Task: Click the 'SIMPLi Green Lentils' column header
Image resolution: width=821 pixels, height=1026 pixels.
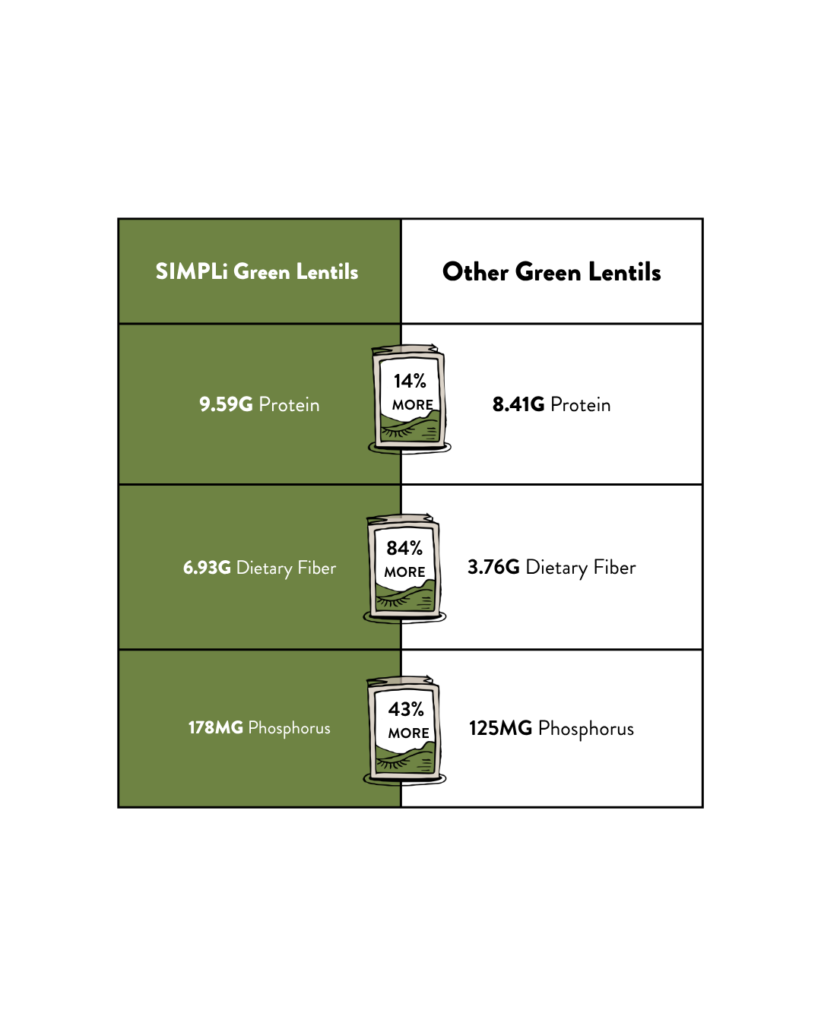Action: click(x=257, y=271)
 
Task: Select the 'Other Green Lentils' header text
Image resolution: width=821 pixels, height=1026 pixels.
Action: click(x=551, y=272)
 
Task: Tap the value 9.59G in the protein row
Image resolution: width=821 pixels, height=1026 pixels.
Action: click(x=226, y=404)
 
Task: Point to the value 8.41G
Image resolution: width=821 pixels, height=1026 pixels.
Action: click(x=518, y=404)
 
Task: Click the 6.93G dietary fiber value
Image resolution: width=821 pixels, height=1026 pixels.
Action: click(x=207, y=568)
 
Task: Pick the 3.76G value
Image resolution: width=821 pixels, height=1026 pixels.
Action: click(x=493, y=567)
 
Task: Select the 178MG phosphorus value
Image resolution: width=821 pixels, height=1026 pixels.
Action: click(x=216, y=727)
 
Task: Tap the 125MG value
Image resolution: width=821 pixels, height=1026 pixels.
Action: click(x=500, y=728)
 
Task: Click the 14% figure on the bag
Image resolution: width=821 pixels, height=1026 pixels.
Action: click(x=409, y=381)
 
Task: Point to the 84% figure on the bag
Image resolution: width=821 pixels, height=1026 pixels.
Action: click(x=404, y=548)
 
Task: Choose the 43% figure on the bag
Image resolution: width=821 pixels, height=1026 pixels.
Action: click(x=406, y=709)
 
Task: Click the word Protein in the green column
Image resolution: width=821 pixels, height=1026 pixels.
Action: click(x=289, y=404)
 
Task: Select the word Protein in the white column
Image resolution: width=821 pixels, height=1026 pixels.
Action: click(x=580, y=404)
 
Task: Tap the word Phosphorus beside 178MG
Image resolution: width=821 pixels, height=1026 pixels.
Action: click(x=289, y=729)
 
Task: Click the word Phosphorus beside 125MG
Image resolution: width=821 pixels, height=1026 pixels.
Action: click(x=586, y=729)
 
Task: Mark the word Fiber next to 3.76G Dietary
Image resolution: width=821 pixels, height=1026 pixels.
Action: click(x=614, y=567)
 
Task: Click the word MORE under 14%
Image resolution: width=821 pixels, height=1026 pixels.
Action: click(x=413, y=405)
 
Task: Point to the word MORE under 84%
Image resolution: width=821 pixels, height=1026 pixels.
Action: click(x=404, y=572)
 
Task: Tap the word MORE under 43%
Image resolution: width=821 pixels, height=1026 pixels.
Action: click(x=408, y=733)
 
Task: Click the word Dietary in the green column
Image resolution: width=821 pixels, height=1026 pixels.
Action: click(x=265, y=568)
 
